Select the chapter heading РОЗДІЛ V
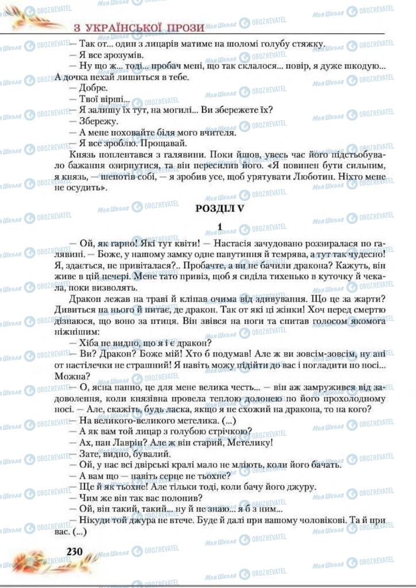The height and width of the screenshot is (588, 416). (219, 209)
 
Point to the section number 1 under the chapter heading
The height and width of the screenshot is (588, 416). (220, 228)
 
